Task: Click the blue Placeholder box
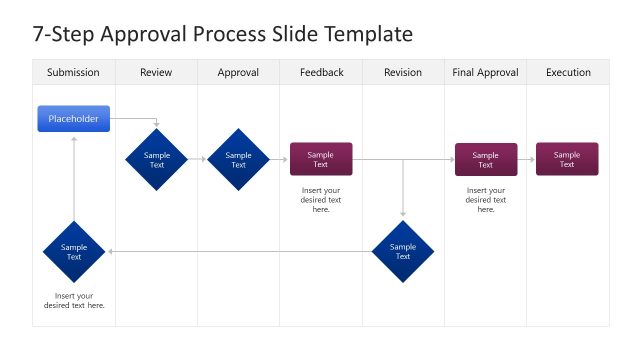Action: [74, 118]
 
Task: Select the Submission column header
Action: [73, 72]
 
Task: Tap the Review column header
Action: [156, 72]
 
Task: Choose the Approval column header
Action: [238, 72]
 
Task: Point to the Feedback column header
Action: [321, 72]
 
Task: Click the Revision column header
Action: [403, 72]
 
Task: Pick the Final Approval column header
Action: [485, 72]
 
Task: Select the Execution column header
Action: [567, 72]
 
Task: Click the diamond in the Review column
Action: [157, 159]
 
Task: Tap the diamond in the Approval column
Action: [238, 159]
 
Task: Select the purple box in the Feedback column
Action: [321, 159]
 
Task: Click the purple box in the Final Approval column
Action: [486, 159]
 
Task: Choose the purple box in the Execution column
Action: [567, 159]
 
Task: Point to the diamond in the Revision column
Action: [403, 251]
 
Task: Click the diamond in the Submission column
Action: [74, 251]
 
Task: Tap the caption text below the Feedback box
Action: [321, 199]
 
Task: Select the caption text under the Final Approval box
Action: [486, 199]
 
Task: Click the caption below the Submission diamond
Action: [74, 300]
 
